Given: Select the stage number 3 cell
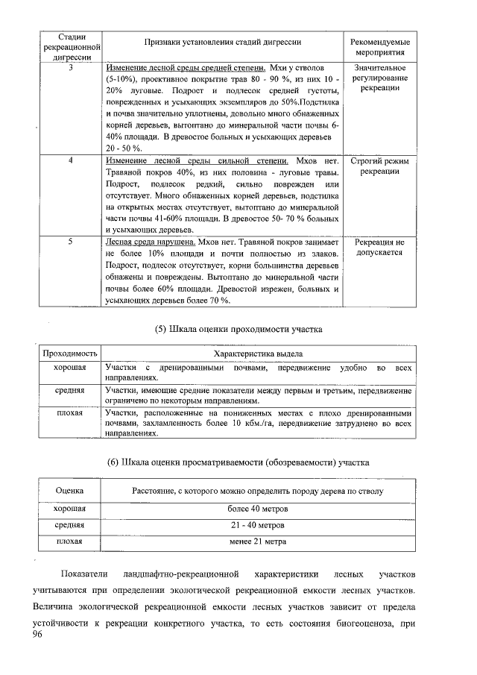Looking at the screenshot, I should tap(70, 69).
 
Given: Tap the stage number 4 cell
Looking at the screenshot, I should tap(70, 161).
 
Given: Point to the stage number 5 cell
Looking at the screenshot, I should tap(70, 242).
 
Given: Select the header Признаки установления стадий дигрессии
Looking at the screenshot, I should tap(221, 43).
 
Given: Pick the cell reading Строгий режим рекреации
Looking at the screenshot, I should tap(379, 166).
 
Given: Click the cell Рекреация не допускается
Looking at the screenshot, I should tap(379, 247).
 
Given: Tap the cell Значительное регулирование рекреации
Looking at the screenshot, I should tap(379, 78).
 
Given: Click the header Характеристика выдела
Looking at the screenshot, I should tap(258, 353).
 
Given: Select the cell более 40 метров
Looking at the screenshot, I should tap(258, 509).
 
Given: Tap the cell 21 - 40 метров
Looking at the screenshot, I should tap(258, 525).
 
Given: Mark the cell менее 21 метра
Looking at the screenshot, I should tap(258, 541).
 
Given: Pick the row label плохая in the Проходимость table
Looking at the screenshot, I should tap(69, 412).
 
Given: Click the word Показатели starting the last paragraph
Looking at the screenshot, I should tap(84, 575).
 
